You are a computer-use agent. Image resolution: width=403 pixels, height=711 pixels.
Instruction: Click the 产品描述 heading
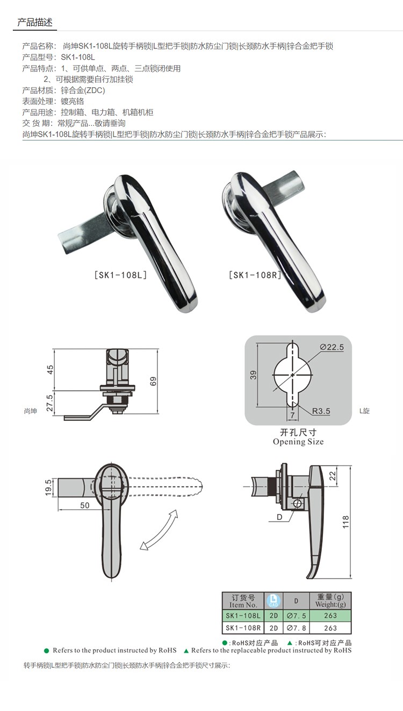(x=35, y=22)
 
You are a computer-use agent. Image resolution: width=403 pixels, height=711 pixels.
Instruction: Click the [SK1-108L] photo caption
(x=121, y=275)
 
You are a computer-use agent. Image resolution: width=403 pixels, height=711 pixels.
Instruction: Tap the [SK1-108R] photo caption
(x=255, y=275)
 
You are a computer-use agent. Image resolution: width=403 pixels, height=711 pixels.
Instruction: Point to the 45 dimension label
(x=50, y=370)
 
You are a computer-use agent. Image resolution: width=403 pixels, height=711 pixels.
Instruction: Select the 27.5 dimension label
(x=50, y=403)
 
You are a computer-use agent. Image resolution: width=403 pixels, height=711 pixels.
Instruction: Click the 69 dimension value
(x=153, y=381)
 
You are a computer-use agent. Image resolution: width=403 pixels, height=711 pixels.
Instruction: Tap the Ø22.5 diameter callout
(x=332, y=347)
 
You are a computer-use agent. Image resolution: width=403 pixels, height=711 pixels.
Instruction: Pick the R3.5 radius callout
(x=321, y=411)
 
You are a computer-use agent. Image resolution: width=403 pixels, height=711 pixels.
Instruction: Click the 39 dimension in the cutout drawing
(x=254, y=375)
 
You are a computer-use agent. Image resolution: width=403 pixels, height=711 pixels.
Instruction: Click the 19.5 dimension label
(x=48, y=487)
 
